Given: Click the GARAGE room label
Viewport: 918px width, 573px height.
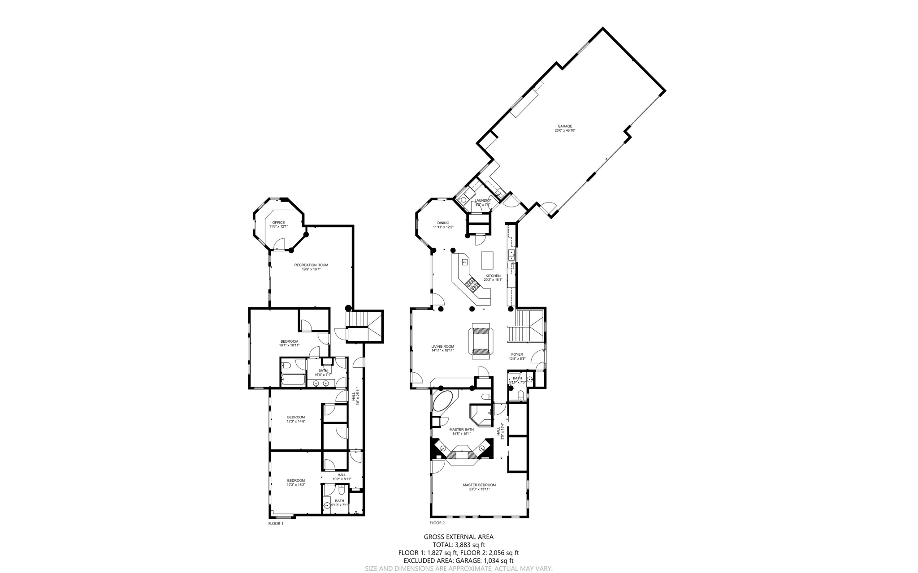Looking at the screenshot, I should click(565, 126).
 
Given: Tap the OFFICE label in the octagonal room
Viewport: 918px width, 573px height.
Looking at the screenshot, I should click(278, 223).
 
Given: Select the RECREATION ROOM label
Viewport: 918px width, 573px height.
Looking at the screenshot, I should click(311, 265).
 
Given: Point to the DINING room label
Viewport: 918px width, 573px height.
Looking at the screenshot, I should click(443, 223).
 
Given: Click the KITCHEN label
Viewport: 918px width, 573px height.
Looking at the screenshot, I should click(493, 276).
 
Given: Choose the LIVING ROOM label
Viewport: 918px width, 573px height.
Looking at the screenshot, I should click(442, 347).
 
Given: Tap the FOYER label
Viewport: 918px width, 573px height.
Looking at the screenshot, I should click(517, 354).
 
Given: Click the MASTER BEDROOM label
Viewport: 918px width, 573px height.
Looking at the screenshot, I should click(479, 485).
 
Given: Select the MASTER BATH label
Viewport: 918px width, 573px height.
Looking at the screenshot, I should click(461, 430).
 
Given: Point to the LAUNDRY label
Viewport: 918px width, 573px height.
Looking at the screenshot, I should click(482, 201).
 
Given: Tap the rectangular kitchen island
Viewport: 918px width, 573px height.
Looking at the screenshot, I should click(487, 260).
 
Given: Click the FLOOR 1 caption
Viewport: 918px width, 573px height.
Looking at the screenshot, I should click(276, 523).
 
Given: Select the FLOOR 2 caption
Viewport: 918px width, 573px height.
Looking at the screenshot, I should click(437, 523).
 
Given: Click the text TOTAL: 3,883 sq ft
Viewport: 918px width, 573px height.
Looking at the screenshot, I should click(459, 545).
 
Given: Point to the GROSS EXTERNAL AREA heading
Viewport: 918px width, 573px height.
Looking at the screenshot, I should click(459, 537).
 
